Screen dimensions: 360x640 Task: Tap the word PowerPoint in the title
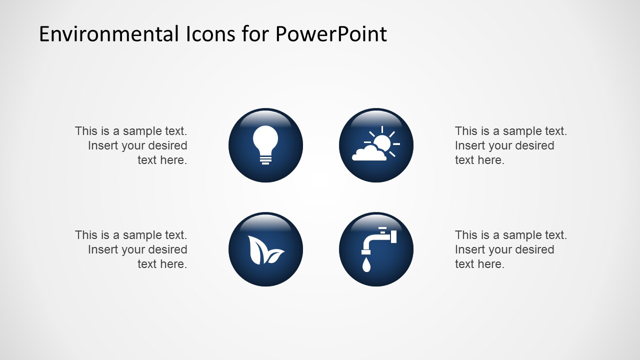tap(330, 34)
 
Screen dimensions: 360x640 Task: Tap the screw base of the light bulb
tap(265, 159)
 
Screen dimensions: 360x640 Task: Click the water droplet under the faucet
tap(367, 265)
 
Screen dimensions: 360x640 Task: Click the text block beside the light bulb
tap(131, 145)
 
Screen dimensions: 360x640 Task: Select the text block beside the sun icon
tap(510, 145)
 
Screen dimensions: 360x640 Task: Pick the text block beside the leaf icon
tap(131, 249)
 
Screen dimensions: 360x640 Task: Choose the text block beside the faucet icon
tap(510, 249)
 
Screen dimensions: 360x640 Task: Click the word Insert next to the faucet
tap(470, 249)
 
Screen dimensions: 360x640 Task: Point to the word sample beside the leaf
tap(142, 235)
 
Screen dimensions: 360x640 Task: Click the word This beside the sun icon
tap(466, 131)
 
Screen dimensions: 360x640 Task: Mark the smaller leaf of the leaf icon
tap(274, 256)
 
